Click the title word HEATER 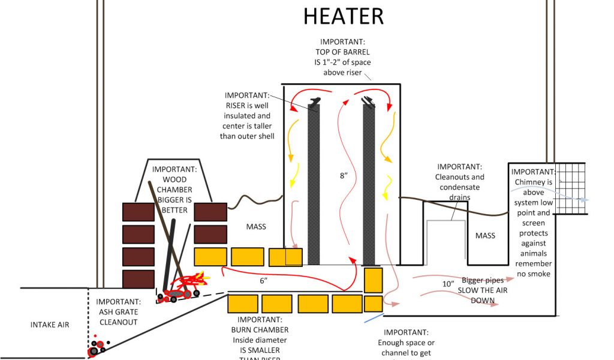344,16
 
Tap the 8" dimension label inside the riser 343,176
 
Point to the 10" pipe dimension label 448,284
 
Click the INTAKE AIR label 50,325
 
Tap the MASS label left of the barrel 256,227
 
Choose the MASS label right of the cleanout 485,235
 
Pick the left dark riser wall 314,183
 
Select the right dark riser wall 369,183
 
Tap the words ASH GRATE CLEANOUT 118,312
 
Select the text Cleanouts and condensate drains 459,187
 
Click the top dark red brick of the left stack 139,212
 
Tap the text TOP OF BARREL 342,52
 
